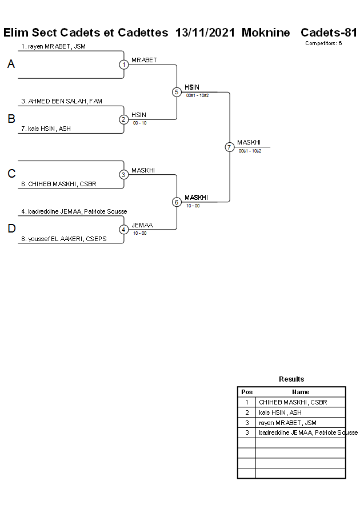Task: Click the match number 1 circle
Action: [x=124, y=65]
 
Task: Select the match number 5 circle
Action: [x=177, y=92]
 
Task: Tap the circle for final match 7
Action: [x=229, y=147]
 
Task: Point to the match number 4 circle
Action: [x=124, y=229]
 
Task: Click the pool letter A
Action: [x=11, y=65]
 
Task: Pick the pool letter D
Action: [x=11, y=229]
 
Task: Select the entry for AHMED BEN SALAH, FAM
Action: [x=62, y=101]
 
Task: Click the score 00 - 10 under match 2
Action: [x=139, y=123]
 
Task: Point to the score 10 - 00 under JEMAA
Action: [x=139, y=233]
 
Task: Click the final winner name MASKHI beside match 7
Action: [x=249, y=142]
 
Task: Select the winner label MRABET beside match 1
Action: [x=144, y=60]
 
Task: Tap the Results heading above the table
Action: [x=291, y=379]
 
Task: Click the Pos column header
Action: [x=247, y=392]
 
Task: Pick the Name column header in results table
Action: [x=301, y=392]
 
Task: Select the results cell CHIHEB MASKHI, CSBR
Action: [x=293, y=402]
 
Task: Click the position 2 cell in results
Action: [x=247, y=412]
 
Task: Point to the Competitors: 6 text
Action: [x=323, y=43]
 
